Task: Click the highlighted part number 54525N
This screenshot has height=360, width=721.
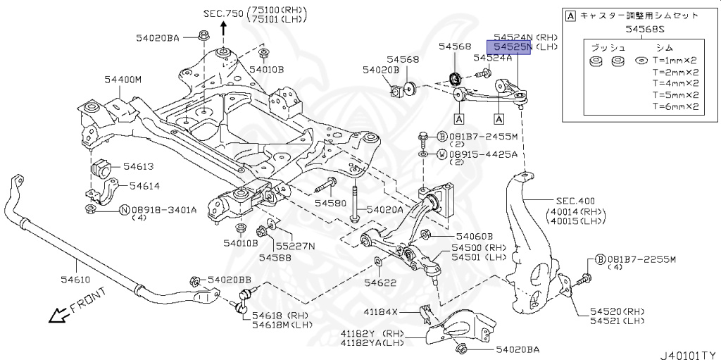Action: (x=513, y=46)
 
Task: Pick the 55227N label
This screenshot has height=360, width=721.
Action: (x=295, y=246)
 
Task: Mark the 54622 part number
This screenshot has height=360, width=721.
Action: (x=380, y=283)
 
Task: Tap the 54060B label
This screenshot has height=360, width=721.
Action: (x=474, y=237)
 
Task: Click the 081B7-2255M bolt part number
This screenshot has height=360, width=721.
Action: (x=641, y=259)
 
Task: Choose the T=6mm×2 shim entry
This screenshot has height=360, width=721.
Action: (x=675, y=106)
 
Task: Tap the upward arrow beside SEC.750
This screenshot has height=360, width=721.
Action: (x=224, y=27)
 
